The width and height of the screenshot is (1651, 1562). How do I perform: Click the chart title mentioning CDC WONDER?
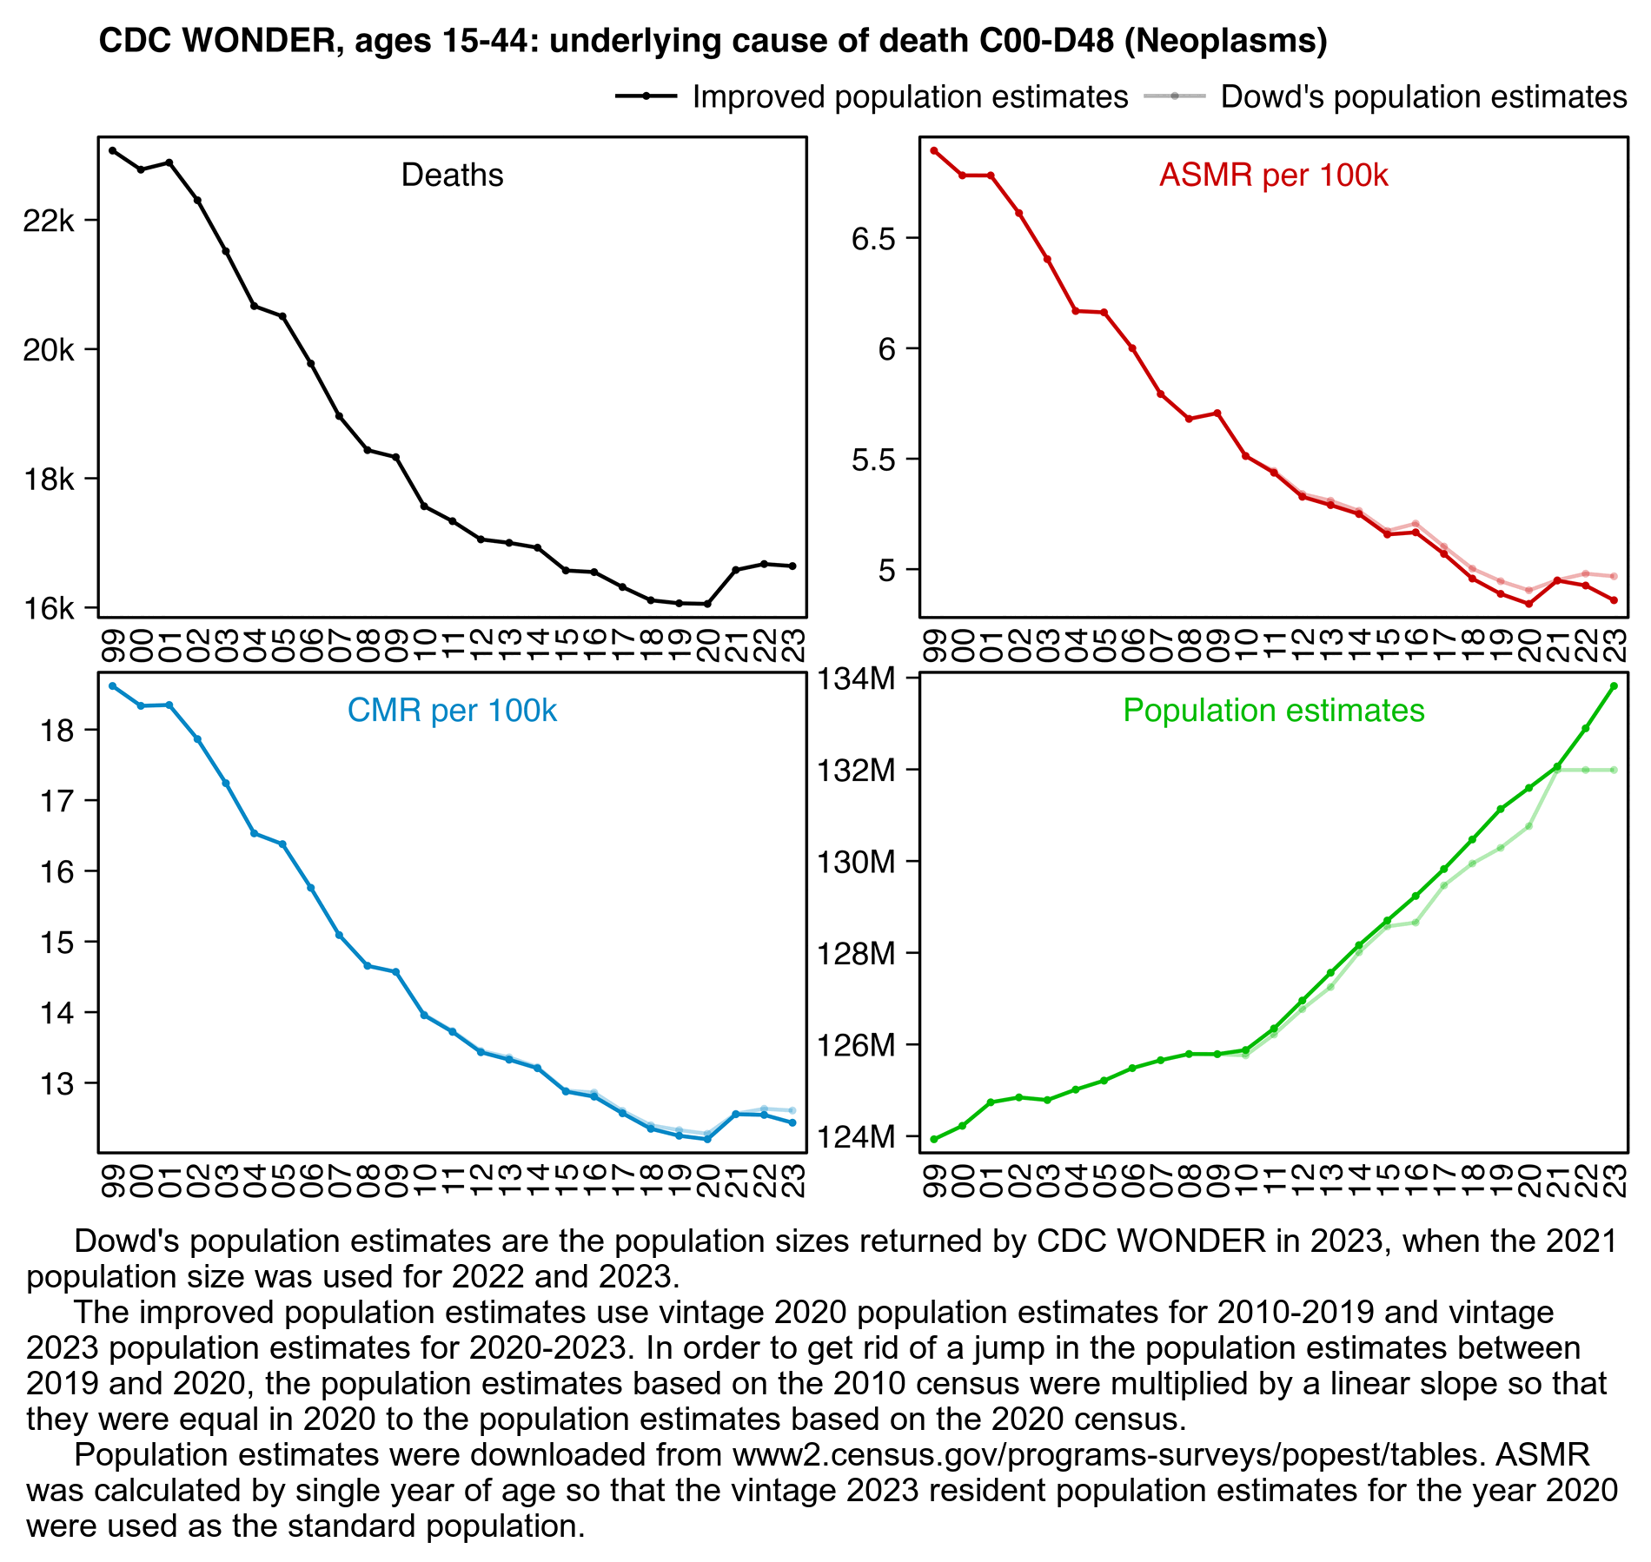tap(713, 41)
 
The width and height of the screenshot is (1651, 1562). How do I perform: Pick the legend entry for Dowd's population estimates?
tap(1385, 96)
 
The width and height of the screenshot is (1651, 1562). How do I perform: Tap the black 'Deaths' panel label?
tap(452, 175)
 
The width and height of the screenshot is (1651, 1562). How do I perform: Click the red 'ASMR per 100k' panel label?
tap(1273, 175)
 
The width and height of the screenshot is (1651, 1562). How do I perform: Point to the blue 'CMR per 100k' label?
tap(452, 711)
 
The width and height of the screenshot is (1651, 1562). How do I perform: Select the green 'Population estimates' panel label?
tap(1273, 711)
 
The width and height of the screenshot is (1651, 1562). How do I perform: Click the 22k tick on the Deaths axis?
tap(49, 221)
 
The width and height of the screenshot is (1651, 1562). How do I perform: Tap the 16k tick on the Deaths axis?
tap(49, 609)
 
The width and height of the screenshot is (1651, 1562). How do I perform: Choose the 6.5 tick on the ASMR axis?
tap(872, 239)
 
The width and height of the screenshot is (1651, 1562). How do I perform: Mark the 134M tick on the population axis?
tap(856, 678)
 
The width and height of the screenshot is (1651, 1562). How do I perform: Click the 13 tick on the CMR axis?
tap(57, 1084)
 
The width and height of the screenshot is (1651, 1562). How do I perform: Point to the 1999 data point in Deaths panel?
tap(112, 150)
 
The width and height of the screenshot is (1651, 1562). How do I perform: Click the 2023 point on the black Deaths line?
tap(792, 566)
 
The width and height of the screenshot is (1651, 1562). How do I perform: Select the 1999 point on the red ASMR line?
tap(934, 150)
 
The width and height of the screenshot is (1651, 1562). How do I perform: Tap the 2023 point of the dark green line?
tap(1614, 686)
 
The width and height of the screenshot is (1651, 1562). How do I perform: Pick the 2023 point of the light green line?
tap(1614, 770)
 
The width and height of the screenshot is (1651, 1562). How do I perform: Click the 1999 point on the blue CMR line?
tap(112, 686)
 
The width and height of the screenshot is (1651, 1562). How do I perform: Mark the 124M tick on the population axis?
tap(856, 1136)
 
